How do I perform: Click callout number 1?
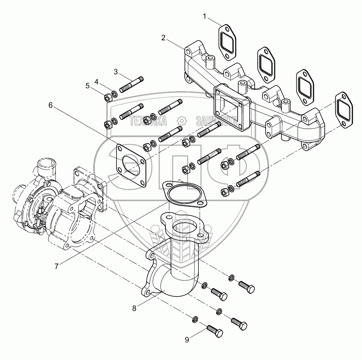(205, 16)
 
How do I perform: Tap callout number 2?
(163, 38)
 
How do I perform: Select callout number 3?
(115, 72)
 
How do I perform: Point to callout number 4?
(96, 82)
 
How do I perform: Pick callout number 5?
(87, 85)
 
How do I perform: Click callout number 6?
(50, 105)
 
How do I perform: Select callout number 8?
(134, 308)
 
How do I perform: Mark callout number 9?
(187, 340)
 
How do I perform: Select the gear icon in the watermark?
(181, 121)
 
